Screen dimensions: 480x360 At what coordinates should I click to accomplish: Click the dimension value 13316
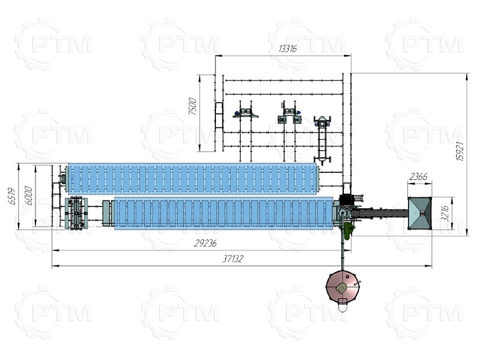[x=287, y=49]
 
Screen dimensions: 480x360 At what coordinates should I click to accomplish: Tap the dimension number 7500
[x=193, y=106]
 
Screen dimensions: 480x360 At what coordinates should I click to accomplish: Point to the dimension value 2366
[x=418, y=176]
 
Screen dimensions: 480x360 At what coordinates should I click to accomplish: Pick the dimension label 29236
[x=205, y=243]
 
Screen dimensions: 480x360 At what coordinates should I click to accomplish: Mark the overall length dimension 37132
[x=232, y=259]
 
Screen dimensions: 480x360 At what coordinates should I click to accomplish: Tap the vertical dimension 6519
[x=11, y=196]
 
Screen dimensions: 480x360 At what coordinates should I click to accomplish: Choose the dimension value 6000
[x=28, y=196]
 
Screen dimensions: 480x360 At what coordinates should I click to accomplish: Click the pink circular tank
[x=343, y=286]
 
